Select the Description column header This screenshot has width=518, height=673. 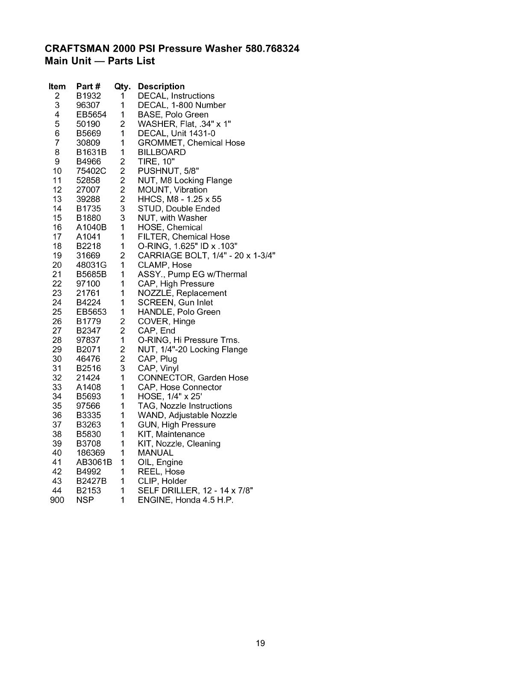pos(161,87)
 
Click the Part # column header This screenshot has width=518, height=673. pos(88,87)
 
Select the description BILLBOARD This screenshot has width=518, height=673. pos(162,152)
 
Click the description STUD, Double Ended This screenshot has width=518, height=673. pos(179,209)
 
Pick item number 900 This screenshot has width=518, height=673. pos(57,500)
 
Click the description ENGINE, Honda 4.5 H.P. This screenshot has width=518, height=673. pos(185,500)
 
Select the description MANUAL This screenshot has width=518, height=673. pos(156,453)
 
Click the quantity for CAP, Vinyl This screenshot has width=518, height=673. pos(122,369)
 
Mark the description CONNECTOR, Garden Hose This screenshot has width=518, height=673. pos(193,378)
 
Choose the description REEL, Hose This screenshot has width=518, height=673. pos(161,472)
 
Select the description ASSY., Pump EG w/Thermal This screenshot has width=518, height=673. pos(192,275)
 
